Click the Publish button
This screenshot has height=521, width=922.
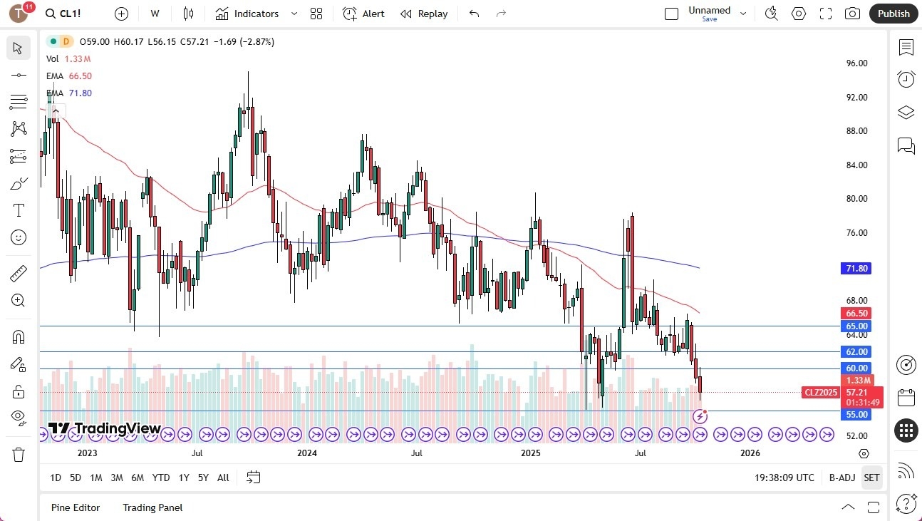[x=893, y=14]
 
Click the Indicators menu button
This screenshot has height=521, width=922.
[x=247, y=14]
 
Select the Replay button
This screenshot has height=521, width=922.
[x=424, y=14]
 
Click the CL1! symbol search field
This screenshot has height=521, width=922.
[x=70, y=14]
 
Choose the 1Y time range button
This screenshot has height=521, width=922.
[x=184, y=478]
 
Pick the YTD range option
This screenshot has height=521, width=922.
[x=161, y=478]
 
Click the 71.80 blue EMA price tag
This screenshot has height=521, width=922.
[x=856, y=269]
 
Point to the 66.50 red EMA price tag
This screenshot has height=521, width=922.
[x=856, y=314]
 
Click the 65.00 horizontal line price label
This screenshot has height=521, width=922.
[x=856, y=326]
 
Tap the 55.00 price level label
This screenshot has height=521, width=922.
[x=856, y=415]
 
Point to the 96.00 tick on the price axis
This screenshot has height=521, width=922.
[x=856, y=63]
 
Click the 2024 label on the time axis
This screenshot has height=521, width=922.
[x=306, y=453]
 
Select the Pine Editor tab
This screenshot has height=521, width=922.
[x=76, y=507]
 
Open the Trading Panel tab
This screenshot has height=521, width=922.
[x=152, y=507]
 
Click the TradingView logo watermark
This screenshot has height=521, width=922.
[x=104, y=428]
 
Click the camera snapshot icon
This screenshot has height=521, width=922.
[x=851, y=14]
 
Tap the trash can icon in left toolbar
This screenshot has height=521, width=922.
[x=19, y=454]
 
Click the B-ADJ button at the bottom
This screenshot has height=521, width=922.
[x=841, y=478]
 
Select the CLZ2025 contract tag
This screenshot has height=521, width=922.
[x=820, y=393]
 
